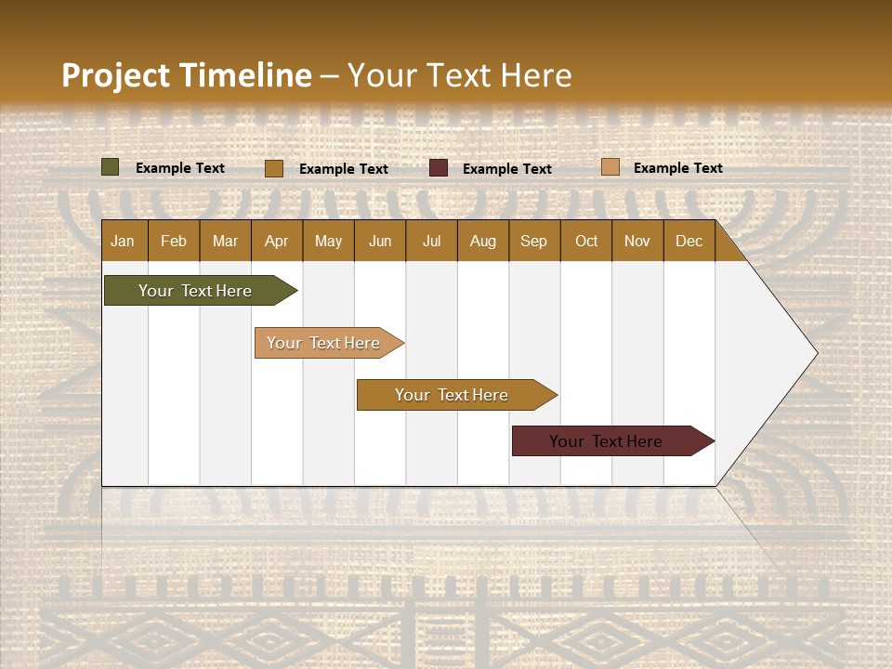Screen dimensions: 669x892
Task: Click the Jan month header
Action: click(123, 241)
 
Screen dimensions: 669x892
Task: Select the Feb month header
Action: click(174, 241)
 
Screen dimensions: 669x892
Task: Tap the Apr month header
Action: click(276, 241)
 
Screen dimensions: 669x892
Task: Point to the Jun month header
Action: click(380, 241)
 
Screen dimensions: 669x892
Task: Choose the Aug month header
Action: click(482, 241)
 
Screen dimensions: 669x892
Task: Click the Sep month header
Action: click(533, 241)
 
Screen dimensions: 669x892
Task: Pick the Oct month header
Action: click(586, 241)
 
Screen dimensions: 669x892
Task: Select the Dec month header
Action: click(689, 241)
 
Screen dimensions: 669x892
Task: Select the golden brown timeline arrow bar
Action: click(453, 395)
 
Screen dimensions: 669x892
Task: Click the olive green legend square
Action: click(110, 167)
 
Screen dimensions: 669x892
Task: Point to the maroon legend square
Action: click(439, 168)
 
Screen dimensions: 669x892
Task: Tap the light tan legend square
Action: click(610, 167)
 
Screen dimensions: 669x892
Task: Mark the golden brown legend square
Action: click(273, 168)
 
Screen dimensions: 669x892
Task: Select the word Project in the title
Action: click(116, 75)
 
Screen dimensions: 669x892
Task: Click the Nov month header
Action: click(637, 241)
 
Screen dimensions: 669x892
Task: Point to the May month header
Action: click(328, 241)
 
